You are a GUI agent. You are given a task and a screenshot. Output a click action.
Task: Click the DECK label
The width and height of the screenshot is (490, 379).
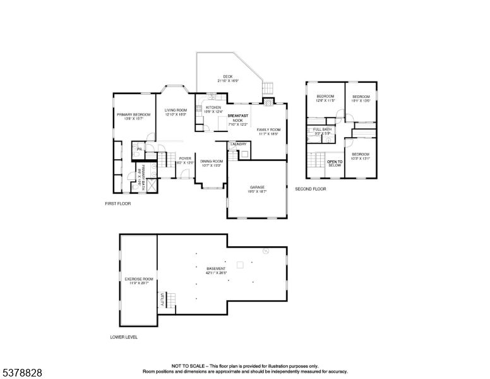tap(228, 76)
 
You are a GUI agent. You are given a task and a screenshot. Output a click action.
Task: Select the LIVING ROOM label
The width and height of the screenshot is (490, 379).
tap(176, 110)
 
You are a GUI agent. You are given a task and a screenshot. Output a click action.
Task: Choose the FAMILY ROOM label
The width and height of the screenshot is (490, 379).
tap(268, 129)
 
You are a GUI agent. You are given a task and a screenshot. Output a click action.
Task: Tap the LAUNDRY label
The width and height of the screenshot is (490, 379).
tap(238, 144)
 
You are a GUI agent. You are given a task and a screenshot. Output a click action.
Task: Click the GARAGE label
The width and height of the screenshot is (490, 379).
tap(257, 187)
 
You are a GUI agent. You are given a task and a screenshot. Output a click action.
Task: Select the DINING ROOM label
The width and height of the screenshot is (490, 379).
tap(212, 161)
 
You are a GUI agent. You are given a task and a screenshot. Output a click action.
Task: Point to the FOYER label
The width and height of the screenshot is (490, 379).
tap(185, 159)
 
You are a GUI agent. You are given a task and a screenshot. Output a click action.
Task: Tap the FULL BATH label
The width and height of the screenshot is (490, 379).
tap(322, 129)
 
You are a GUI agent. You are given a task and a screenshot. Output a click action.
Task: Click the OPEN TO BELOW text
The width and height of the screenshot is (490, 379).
tap(335, 164)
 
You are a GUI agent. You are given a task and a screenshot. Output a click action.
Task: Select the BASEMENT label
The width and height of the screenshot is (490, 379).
tap(216, 268)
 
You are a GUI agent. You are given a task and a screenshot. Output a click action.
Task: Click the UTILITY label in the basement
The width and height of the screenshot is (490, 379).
tap(162, 300)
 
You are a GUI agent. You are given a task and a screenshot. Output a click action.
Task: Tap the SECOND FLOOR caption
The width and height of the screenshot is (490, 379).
tap(310, 189)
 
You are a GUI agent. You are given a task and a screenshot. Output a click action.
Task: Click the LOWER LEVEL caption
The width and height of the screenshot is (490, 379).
tap(124, 337)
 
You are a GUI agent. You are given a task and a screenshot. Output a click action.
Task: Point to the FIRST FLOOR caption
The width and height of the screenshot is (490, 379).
tap(117, 203)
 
